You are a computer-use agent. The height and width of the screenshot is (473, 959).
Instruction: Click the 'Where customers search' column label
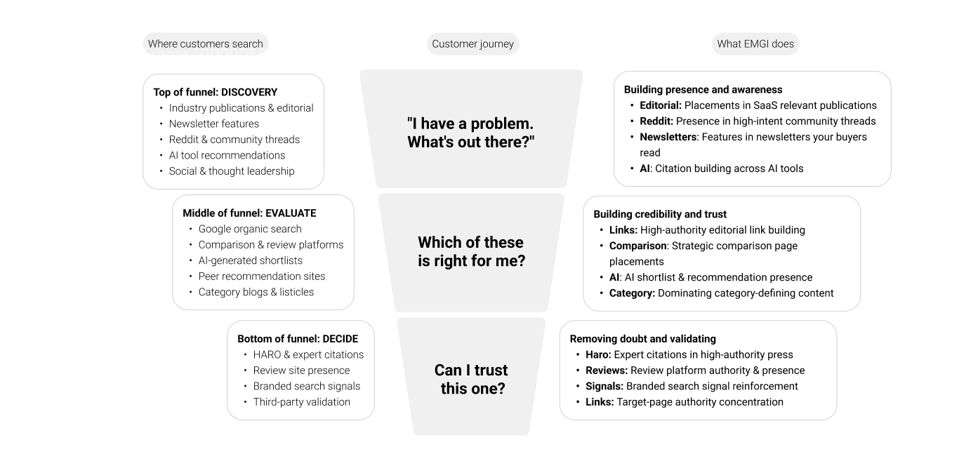coord(205,44)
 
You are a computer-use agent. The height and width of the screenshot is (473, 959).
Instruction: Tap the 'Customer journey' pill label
coord(472,44)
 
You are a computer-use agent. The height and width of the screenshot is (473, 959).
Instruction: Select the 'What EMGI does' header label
coord(755,44)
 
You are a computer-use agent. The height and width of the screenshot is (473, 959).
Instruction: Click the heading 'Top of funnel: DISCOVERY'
coord(215,92)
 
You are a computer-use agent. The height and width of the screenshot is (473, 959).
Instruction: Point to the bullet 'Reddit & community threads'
coord(234,140)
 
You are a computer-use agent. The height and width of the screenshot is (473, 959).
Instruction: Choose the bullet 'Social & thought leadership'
coord(232,171)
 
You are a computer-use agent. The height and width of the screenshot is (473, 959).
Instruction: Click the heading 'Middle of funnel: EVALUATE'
coord(249,213)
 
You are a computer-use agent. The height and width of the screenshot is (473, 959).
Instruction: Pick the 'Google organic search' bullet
coord(250,229)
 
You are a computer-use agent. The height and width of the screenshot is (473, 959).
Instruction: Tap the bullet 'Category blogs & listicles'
coord(256,292)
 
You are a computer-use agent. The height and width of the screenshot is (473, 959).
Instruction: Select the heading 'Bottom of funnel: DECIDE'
coord(298,339)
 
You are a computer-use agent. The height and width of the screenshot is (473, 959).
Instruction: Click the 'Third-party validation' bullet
coord(301,402)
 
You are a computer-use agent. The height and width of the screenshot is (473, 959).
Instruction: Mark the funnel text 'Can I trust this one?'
coord(471,379)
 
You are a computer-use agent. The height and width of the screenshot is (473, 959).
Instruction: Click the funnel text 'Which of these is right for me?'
coord(471,251)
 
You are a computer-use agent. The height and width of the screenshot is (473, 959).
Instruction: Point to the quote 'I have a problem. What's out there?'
coord(471,133)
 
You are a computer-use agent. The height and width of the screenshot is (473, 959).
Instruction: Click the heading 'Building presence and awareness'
coord(703,90)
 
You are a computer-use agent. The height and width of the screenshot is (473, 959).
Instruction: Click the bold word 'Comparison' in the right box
coord(637,246)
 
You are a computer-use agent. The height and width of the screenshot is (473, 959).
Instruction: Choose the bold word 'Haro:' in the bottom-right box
coord(598,354)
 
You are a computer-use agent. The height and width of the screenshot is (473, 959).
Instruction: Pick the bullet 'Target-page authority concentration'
coord(699,402)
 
